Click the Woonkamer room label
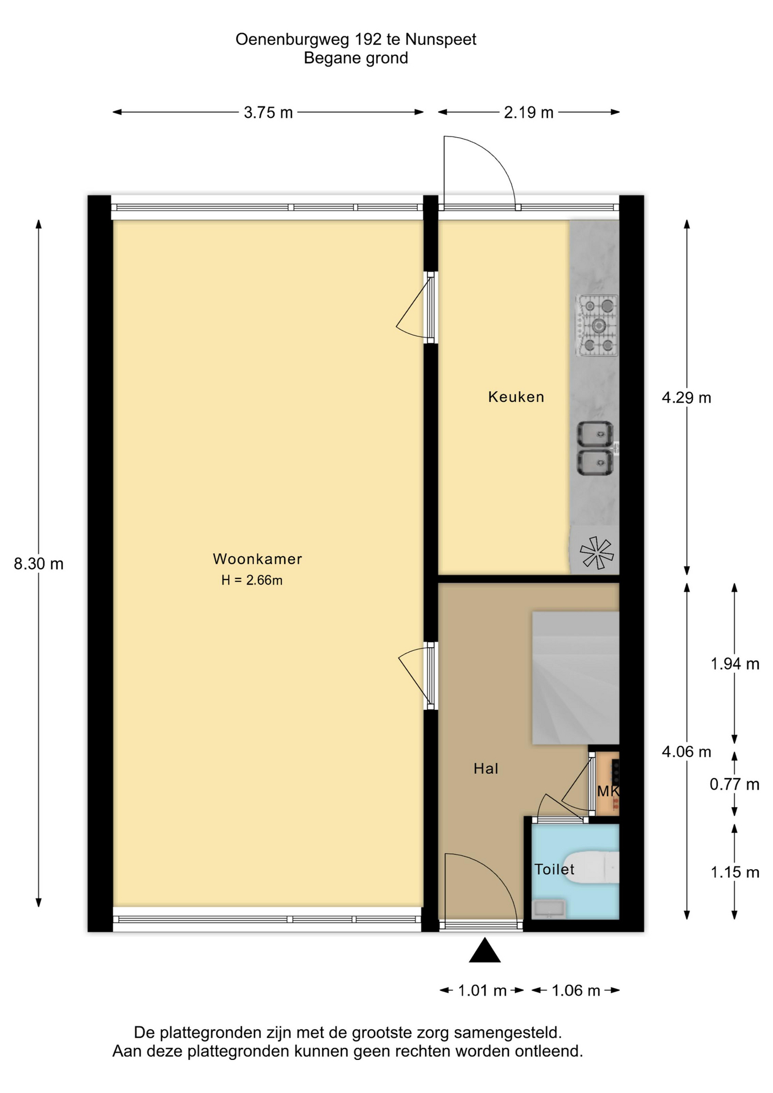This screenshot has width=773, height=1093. tap(257, 559)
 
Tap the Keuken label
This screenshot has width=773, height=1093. tap(516, 397)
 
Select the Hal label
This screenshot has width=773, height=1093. tap(486, 769)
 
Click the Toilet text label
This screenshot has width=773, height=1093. tap(554, 869)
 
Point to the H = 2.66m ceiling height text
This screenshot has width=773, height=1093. tap(252, 580)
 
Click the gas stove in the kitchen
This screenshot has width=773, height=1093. tap(597, 326)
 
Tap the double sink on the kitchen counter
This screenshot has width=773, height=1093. tap(595, 449)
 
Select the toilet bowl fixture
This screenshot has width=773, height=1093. tap(592, 867)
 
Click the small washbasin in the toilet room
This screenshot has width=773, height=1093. tap(548, 909)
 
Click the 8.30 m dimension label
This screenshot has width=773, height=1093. tap(39, 564)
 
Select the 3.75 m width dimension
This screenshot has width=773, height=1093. tap(268, 113)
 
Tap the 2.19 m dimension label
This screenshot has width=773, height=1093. tap(529, 113)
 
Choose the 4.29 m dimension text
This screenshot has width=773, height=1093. tap(686, 398)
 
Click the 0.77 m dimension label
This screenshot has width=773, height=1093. tap(734, 784)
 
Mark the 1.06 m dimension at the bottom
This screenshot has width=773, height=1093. tap(576, 991)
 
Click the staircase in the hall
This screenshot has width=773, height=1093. tap(575, 678)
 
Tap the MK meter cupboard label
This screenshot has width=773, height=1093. tap(607, 791)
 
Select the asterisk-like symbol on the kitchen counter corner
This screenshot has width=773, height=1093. tap(597, 553)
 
